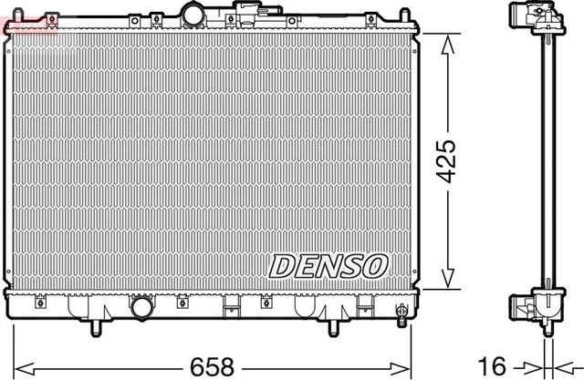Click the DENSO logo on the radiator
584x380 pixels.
(329, 265)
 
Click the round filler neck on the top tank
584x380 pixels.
(194, 14)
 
